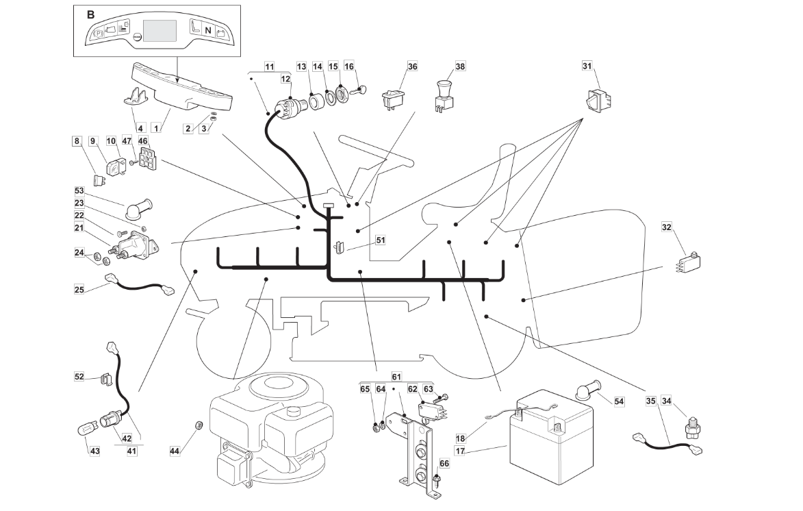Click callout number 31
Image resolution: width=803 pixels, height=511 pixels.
[587, 66]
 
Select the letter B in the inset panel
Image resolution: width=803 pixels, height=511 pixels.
[91, 14]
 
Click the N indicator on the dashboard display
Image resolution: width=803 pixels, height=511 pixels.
[207, 31]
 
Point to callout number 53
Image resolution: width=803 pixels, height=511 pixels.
[79, 190]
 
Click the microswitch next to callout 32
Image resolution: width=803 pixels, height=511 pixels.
[687, 262]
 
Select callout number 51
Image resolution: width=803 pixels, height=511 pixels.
[381, 240]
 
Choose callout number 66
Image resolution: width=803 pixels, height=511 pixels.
[444, 464]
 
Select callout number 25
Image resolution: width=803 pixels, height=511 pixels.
[79, 290]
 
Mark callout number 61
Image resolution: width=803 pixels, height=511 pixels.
[396, 377]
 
